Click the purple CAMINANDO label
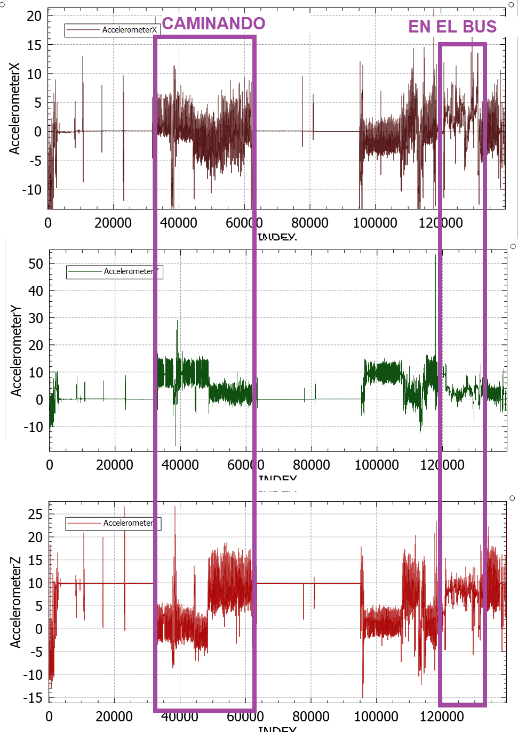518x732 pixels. point(213,23)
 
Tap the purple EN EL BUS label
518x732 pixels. point(452,27)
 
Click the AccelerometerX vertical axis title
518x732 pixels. point(14,109)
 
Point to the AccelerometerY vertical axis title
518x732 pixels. point(16,350)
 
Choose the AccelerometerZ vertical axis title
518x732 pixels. point(15,602)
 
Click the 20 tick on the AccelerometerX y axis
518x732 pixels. point(34,16)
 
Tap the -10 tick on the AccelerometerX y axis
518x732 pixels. point(32,190)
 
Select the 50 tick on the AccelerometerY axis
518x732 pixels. point(36,264)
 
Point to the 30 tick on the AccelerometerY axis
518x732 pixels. point(36,318)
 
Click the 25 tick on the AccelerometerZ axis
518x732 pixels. point(35,514)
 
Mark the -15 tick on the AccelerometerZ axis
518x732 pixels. point(33,697)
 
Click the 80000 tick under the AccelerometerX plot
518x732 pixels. point(309,223)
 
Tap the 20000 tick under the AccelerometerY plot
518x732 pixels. point(115,465)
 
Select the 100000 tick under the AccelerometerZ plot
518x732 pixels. point(376,717)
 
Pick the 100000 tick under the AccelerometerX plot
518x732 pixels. point(375,223)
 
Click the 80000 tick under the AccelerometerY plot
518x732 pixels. point(311,465)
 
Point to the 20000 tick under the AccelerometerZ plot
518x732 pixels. point(114,717)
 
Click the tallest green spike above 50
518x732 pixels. point(435,257)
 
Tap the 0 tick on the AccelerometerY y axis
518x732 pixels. point(39,400)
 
